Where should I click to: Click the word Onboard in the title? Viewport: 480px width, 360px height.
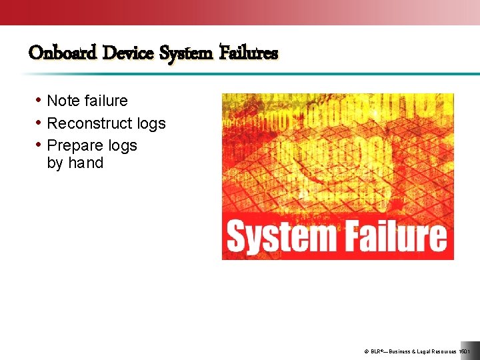63,52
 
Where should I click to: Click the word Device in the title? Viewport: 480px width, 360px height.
129,52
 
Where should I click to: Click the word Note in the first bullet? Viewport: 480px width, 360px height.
63,101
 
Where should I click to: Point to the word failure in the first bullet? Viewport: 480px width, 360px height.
105,101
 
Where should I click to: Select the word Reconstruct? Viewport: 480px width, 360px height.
87,123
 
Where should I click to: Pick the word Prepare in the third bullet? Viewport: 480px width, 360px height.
74,146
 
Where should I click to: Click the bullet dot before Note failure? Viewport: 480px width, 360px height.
39,101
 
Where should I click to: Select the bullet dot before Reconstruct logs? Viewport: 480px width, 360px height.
39,123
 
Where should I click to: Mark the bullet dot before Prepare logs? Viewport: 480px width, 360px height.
39,145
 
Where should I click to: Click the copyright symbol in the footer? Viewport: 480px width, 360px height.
367,351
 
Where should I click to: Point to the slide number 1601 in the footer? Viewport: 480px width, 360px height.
465,351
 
